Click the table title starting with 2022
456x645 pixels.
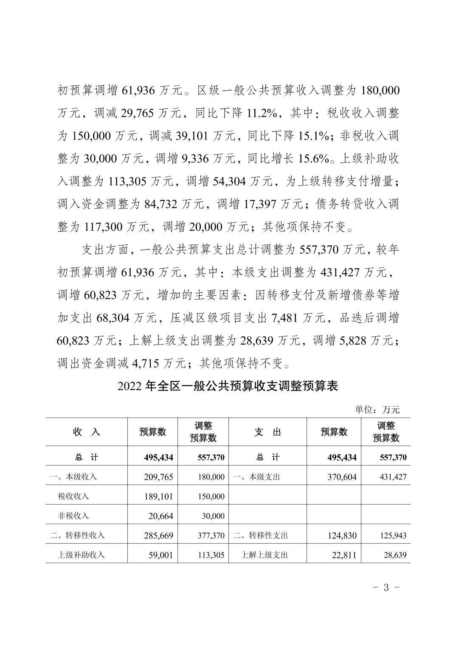[228, 387]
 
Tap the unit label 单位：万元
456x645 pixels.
[377, 409]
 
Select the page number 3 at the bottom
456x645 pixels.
[386, 588]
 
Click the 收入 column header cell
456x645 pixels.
[87, 432]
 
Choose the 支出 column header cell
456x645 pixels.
[267, 432]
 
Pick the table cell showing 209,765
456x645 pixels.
[158, 477]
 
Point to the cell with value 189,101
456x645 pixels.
[158, 496]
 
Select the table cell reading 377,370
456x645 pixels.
[211, 536]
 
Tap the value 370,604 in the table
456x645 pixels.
[342, 477]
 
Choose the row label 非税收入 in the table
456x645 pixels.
[73, 516]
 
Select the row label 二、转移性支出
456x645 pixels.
[261, 536]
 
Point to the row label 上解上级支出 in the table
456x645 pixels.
[265, 555]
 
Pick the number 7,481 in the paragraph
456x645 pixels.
[279, 318]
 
